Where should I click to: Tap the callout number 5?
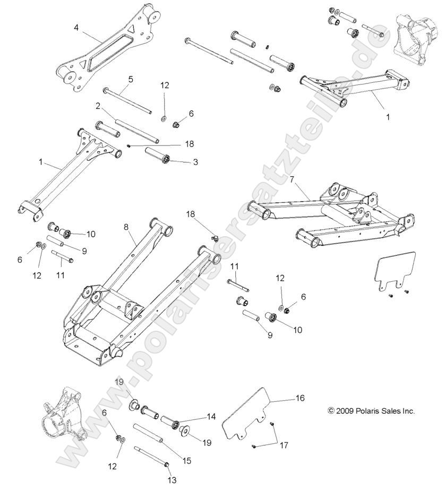click(130, 79)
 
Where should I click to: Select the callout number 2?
click(98, 106)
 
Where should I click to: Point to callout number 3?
click(195, 162)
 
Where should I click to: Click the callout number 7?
click(292, 179)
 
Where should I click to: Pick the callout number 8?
click(126, 227)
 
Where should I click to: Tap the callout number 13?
click(171, 481)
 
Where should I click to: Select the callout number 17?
click(284, 445)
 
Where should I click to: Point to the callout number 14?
click(211, 417)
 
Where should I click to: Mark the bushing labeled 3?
click(158, 158)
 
